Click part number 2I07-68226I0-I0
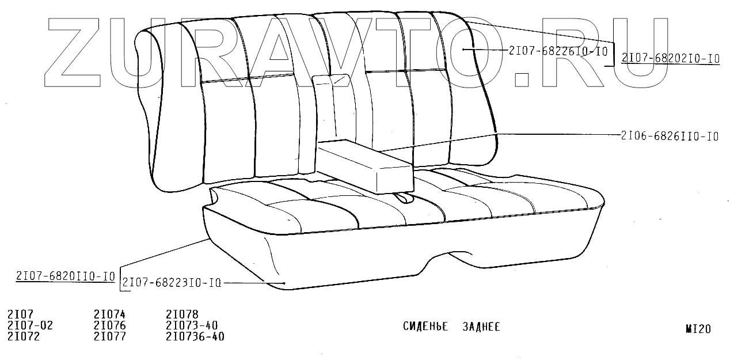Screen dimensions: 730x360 tap(558, 51)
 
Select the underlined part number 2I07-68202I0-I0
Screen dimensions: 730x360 tap(670, 58)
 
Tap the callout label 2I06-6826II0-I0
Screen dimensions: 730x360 tap(670, 137)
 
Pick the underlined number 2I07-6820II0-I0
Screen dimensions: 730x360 tap(66, 276)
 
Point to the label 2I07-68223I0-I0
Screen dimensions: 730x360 tap(172, 283)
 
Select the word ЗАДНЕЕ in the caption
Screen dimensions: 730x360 tap(481, 327)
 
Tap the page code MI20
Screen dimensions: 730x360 tap(698, 329)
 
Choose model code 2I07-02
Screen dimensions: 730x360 tap(30, 325)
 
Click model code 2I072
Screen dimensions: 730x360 tap(24, 336)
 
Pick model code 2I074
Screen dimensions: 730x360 tap(109, 314)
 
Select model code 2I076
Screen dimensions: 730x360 tap(109, 325)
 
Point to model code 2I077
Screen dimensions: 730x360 tap(109, 336)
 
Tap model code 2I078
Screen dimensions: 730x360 tap(182, 314)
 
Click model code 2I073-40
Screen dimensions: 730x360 tap(192, 325)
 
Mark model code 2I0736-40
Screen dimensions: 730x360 tap(195, 336)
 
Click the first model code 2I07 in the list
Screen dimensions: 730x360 tap(21, 314)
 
